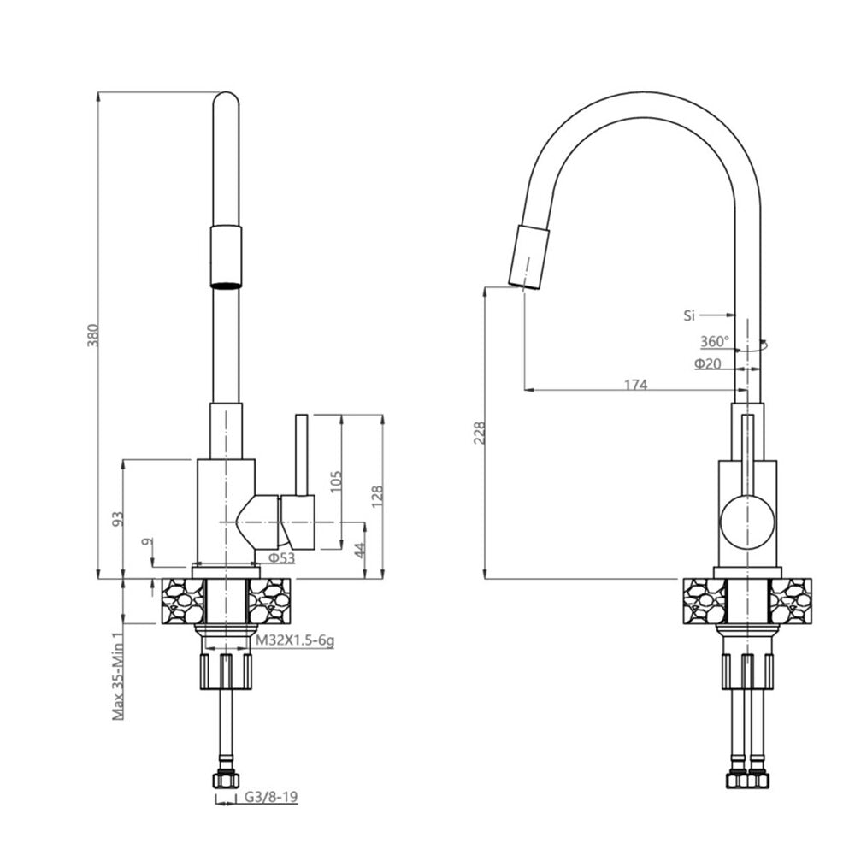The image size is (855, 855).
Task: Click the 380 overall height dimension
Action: [93, 335]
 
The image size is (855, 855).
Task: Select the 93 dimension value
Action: [118, 518]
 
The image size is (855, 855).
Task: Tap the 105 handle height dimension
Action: [336, 481]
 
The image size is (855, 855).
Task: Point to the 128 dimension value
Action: [377, 496]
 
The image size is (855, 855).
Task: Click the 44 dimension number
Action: [360, 550]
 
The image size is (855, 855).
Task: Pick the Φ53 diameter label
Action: [282, 557]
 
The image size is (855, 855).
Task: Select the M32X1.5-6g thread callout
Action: [294, 640]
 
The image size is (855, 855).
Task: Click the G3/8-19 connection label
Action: [270, 797]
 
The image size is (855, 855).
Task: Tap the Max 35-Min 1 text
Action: [118, 676]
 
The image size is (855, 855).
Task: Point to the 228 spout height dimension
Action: [479, 433]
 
